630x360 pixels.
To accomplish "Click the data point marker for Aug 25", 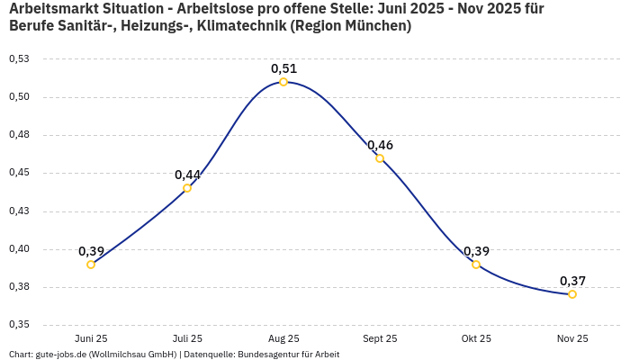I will point(283,82).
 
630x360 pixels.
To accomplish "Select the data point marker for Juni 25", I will point(91,265).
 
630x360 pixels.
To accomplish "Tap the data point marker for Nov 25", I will point(572,294).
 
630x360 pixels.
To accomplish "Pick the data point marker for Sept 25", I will point(380,158).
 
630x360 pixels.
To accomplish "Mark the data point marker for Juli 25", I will point(187,188).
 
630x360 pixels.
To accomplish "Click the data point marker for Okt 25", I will point(476,265).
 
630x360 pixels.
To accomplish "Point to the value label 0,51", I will point(283,68).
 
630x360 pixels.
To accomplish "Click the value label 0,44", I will point(187,175).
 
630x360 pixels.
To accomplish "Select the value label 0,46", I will point(380,145).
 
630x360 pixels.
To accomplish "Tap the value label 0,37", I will point(572,281).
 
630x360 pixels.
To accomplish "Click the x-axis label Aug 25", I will point(283,338).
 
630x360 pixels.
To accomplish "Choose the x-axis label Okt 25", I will point(476,338).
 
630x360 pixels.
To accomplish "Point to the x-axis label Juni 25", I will point(91,338).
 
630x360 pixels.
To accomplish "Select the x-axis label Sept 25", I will point(380,338).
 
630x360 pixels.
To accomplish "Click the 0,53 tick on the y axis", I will point(19,59).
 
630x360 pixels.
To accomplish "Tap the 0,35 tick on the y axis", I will point(19,325).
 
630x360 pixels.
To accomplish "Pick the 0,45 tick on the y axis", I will point(19,173).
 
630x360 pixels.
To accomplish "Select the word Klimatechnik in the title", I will point(240,26).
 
